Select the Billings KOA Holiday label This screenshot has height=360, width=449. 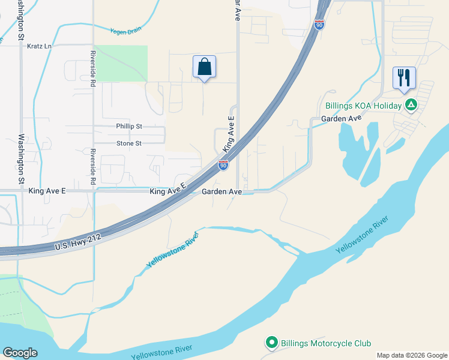[363, 106]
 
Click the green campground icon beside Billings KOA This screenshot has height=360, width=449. [411, 106]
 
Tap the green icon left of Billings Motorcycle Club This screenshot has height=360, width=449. [271, 343]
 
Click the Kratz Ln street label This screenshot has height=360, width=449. [40, 46]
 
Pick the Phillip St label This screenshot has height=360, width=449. [129, 127]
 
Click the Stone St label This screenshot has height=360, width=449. [129, 143]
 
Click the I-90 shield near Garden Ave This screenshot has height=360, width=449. [223, 165]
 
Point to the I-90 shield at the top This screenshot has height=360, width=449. [319, 25]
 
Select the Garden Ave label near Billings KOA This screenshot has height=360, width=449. [342, 119]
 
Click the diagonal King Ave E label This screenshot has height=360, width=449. [228, 135]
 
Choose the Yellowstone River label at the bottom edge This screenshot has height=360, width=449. [162, 352]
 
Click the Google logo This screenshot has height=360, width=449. [20, 353]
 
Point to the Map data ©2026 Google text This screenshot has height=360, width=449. [412, 355]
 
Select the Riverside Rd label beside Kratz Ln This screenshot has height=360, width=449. [93, 74]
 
